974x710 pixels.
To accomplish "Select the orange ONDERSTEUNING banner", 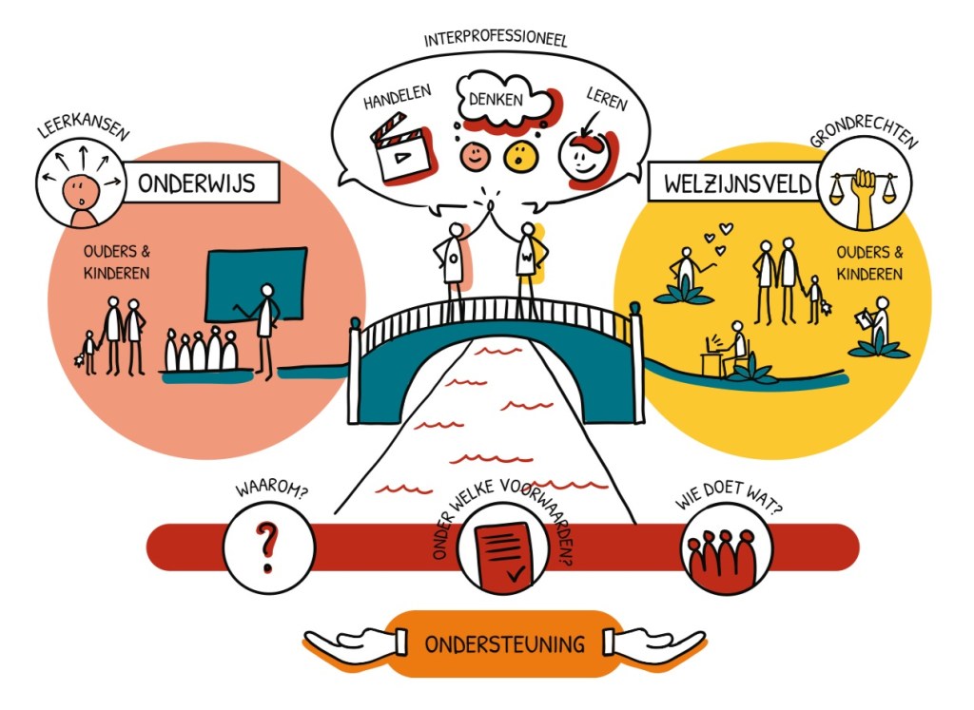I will point(505,644).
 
